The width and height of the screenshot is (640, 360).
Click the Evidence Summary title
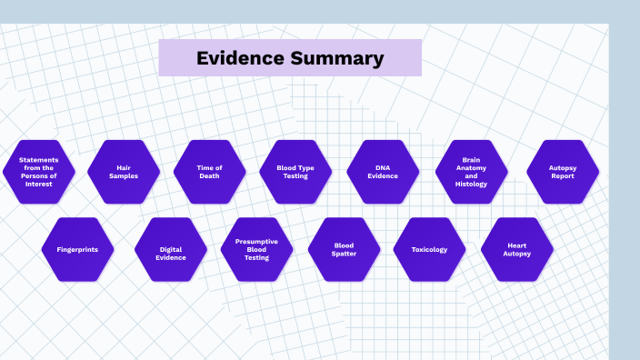[x=290, y=59]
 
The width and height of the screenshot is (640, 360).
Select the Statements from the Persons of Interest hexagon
[x=39, y=172]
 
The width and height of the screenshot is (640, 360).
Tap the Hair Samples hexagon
[x=124, y=172]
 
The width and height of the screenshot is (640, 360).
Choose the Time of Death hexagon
[x=209, y=172]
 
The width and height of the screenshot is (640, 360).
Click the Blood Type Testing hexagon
[x=295, y=172]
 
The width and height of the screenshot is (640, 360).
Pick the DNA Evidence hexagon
[x=383, y=172]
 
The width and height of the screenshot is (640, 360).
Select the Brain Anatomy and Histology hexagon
[x=471, y=172]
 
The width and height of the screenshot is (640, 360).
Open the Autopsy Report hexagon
[x=563, y=172]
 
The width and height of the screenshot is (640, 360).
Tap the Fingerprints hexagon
[x=77, y=249]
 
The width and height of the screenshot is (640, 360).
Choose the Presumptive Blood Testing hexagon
[x=256, y=249]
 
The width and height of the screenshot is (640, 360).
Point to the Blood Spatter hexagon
[x=344, y=249]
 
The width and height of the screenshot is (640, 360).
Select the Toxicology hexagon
[x=429, y=249]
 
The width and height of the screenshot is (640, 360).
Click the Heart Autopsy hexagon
[x=516, y=249]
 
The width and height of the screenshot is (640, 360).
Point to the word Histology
[x=471, y=184]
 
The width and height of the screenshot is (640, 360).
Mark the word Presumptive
[x=256, y=241]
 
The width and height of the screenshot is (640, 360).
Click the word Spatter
[x=344, y=254]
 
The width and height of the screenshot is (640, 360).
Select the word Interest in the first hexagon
[x=39, y=184]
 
